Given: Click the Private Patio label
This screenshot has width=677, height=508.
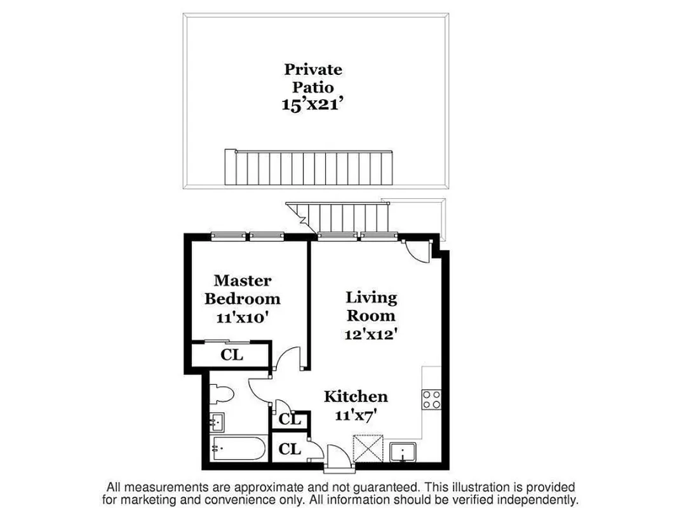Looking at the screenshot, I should (312, 77).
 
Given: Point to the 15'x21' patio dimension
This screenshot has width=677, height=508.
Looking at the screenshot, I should (312, 105).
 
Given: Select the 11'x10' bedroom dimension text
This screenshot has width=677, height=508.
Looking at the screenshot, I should (243, 317).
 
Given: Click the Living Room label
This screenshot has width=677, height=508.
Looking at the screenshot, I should (371, 306).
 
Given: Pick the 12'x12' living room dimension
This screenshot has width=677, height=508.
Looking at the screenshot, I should (371, 334).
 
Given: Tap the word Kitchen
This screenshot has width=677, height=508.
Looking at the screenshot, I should (356, 397).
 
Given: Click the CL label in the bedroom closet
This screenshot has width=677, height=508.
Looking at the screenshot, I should (232, 355).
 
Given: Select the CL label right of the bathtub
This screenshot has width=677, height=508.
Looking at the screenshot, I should (290, 449).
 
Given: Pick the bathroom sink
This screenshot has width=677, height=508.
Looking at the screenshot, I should (216, 420).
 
